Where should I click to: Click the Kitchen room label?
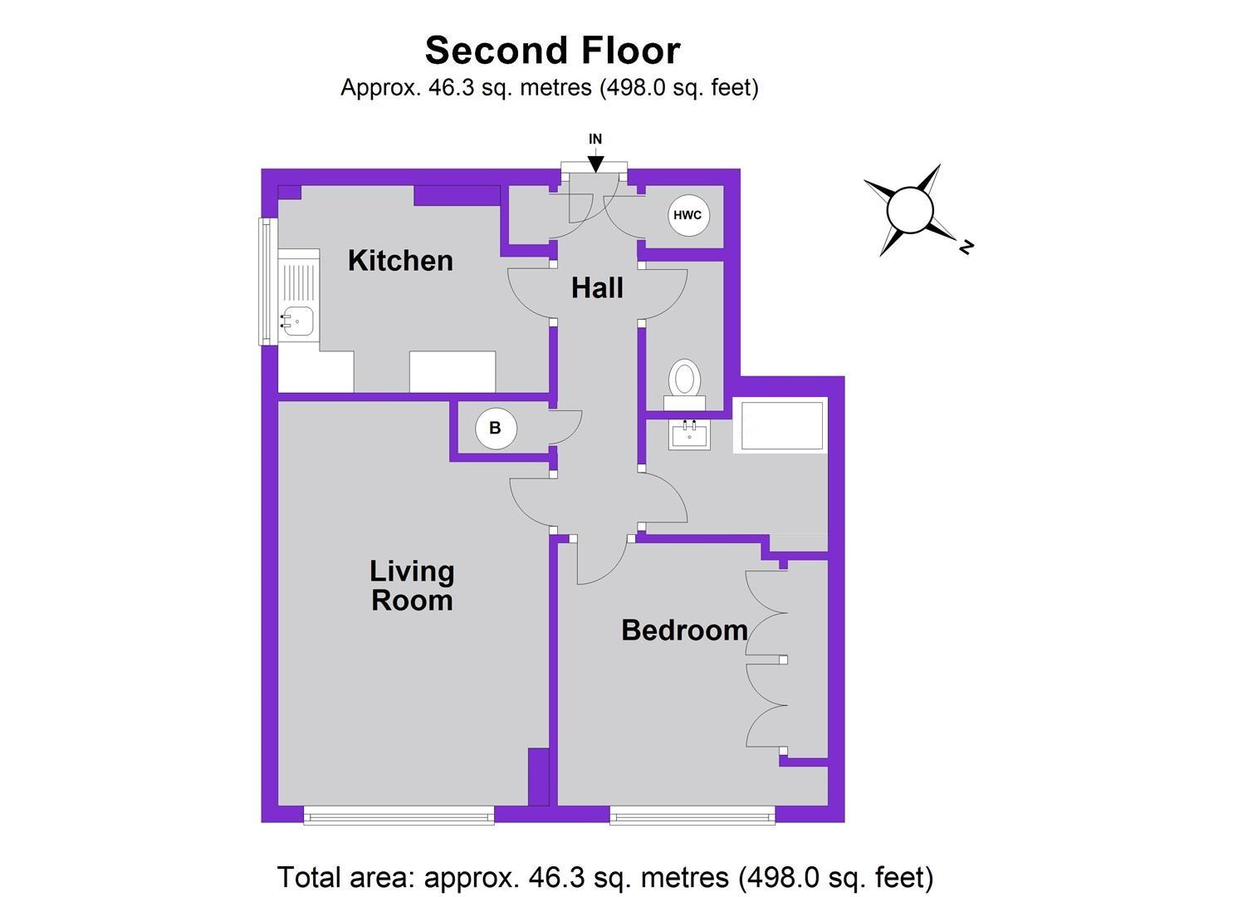(x=400, y=261)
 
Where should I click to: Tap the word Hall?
(x=597, y=289)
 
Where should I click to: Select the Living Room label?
(x=412, y=586)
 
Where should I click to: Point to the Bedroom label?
(x=684, y=630)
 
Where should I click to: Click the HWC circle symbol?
(x=687, y=216)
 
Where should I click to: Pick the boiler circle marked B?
(x=496, y=429)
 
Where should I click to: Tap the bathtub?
(x=780, y=426)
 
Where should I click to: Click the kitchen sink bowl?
(x=297, y=321)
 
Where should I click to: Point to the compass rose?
(x=910, y=210)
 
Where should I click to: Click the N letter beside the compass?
(x=966, y=247)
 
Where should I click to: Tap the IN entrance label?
(x=595, y=140)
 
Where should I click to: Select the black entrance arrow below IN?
(x=596, y=164)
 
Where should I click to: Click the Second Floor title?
(x=552, y=50)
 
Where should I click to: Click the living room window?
(x=399, y=815)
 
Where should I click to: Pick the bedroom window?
(x=692, y=815)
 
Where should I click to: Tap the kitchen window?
(x=266, y=281)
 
